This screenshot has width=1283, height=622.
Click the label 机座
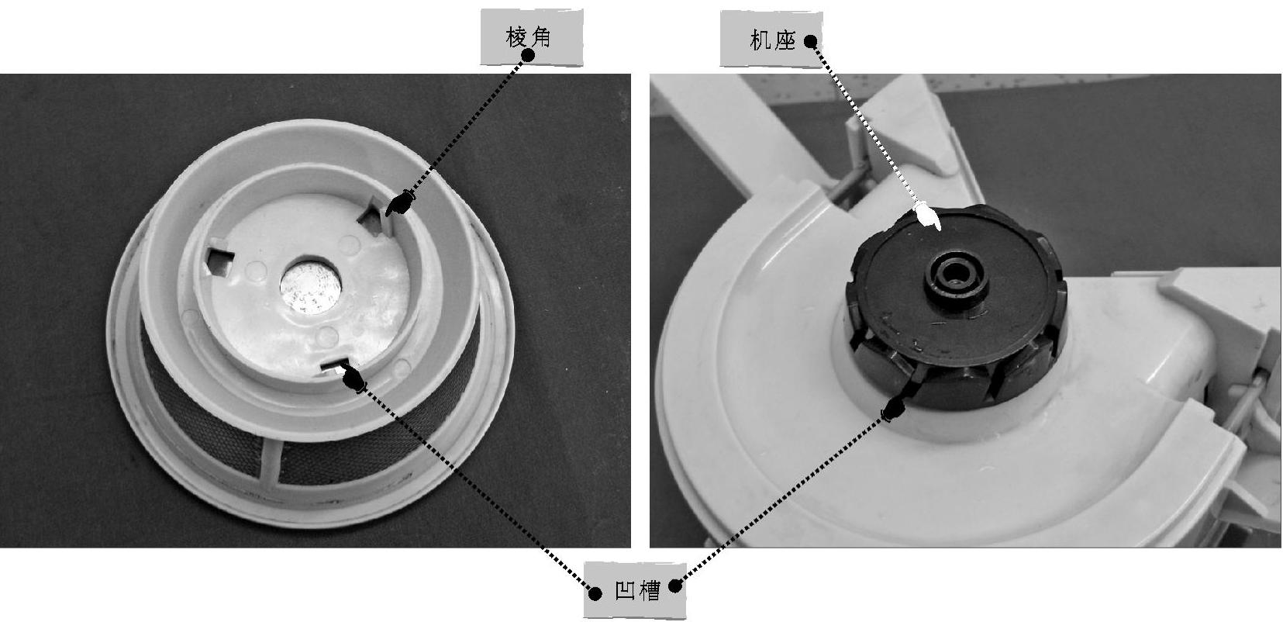point(773,40)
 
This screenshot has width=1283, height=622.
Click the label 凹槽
point(637,590)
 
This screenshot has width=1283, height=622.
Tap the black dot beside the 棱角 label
point(528,55)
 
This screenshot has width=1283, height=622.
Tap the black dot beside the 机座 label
point(810,41)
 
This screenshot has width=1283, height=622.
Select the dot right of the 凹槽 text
point(676,586)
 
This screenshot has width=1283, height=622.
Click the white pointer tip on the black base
point(929,216)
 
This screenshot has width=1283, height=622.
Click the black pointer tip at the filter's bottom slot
point(354,379)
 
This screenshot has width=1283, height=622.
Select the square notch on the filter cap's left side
point(219,261)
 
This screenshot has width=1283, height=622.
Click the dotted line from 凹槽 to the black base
point(783,496)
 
